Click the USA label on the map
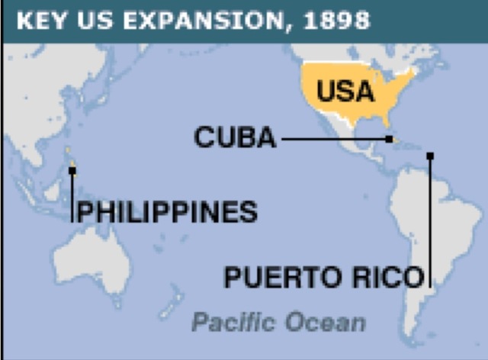pos(345,92)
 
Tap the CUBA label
pos(234,138)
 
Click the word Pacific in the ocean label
pos(233,322)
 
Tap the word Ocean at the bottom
pos(325,322)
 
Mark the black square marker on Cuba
pos(390,139)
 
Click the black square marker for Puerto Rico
pos(430,156)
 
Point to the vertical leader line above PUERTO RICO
pos(430,214)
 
